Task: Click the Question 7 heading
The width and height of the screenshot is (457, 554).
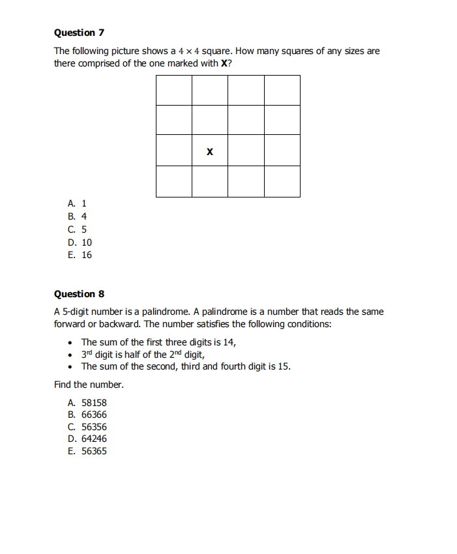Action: [79, 33]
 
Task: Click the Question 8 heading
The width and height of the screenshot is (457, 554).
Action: [79, 294]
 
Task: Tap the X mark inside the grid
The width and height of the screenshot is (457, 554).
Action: [209, 152]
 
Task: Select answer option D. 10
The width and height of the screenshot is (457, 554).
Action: [80, 242]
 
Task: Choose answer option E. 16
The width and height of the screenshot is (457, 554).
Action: [80, 255]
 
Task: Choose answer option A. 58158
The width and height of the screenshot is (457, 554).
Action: [87, 403]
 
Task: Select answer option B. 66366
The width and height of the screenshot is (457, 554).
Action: [87, 415]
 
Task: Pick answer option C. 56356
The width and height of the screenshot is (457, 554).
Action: [87, 427]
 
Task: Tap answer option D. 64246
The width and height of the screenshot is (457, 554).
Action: [87, 439]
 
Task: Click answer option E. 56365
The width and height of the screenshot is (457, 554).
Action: [87, 451]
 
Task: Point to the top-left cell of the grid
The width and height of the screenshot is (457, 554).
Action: [174, 91]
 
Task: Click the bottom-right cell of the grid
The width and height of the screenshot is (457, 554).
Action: [282, 181]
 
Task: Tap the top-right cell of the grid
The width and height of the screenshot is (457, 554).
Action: [282, 91]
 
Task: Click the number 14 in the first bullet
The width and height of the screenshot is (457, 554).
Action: [228, 342]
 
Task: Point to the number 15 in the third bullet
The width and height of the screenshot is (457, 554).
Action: [284, 366]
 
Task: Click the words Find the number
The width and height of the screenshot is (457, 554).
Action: [89, 385]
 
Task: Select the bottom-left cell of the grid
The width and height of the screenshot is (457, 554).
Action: [174, 181]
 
